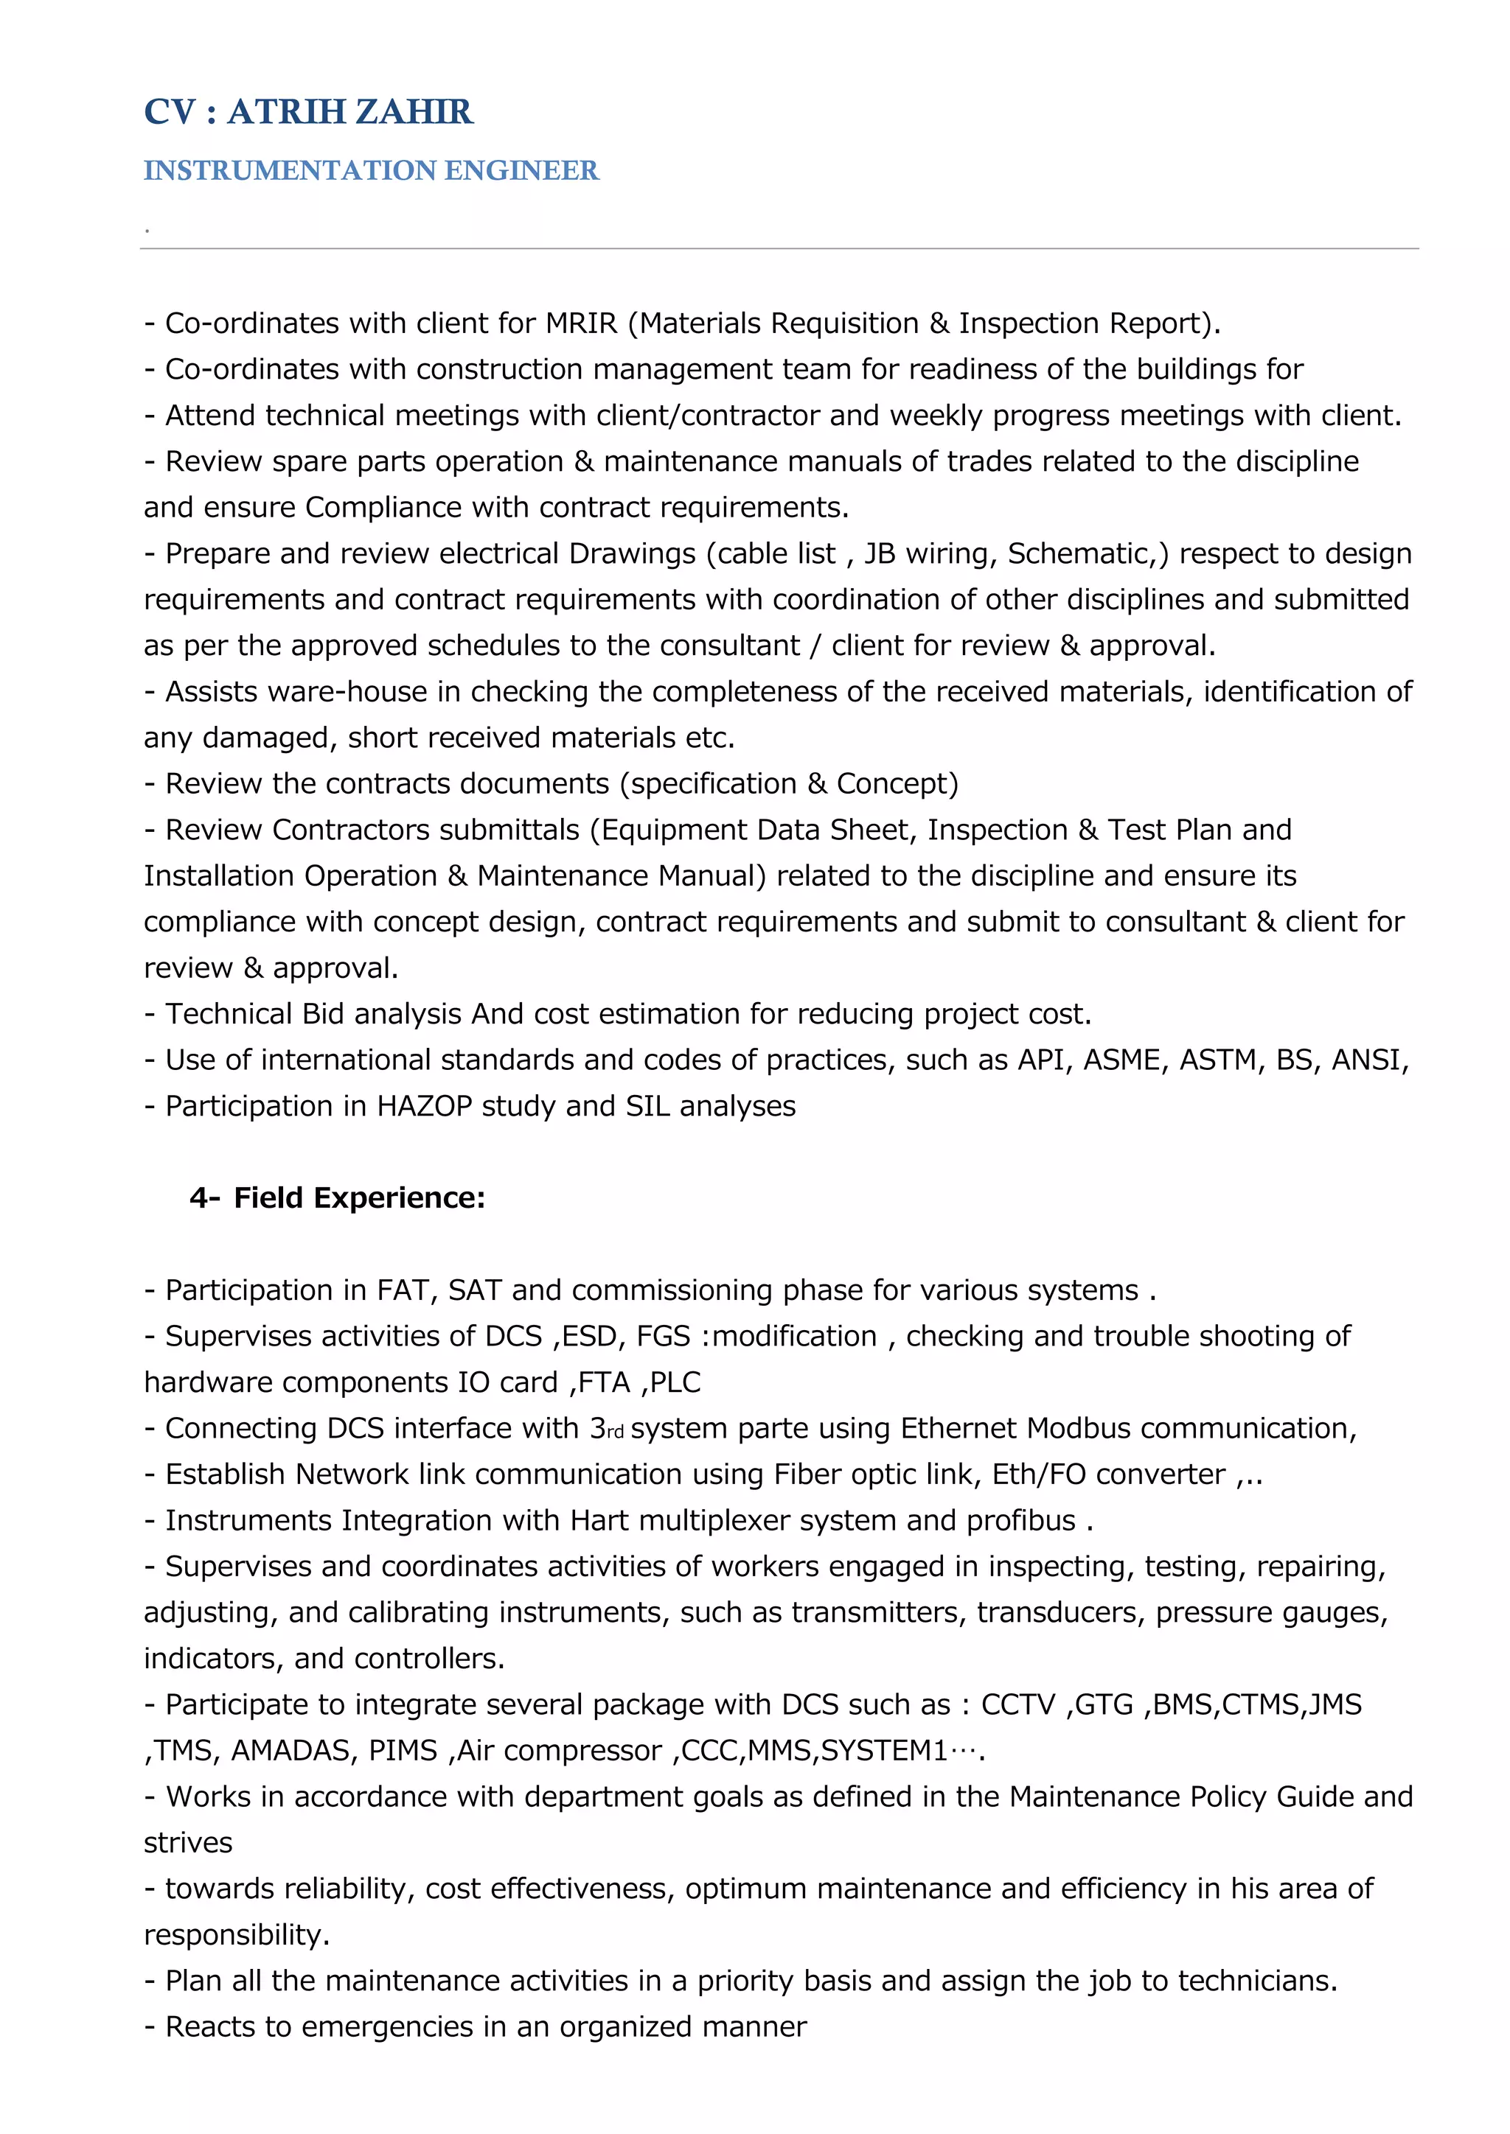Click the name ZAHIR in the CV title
(414, 113)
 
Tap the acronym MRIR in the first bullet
(581, 323)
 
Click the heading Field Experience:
(359, 1198)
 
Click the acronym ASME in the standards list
(1125, 1060)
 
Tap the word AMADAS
(289, 1751)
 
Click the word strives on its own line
(188, 1843)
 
